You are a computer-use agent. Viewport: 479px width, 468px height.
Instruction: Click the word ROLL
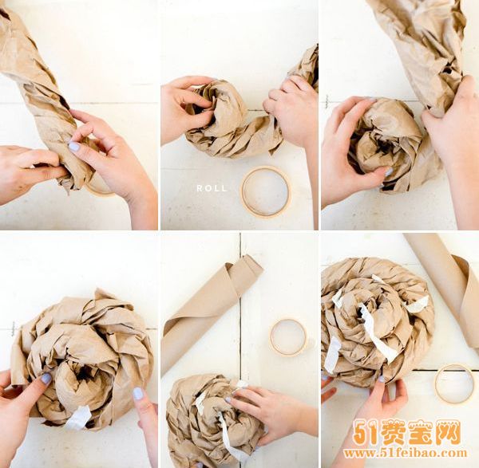click(x=212, y=189)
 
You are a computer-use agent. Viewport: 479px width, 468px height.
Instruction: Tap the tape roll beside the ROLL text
click(x=265, y=191)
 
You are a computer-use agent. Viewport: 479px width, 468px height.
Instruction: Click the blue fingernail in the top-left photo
click(x=74, y=147)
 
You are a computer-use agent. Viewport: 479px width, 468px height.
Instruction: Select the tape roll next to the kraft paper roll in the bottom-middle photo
click(x=288, y=336)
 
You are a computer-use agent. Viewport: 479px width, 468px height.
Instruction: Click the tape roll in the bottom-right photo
click(x=455, y=383)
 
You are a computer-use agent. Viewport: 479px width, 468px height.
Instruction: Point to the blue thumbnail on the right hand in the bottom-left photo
click(x=138, y=394)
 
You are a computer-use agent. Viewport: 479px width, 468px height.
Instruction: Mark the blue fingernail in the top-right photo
click(x=389, y=171)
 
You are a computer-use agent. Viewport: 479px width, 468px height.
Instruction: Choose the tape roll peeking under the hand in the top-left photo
click(x=100, y=188)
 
